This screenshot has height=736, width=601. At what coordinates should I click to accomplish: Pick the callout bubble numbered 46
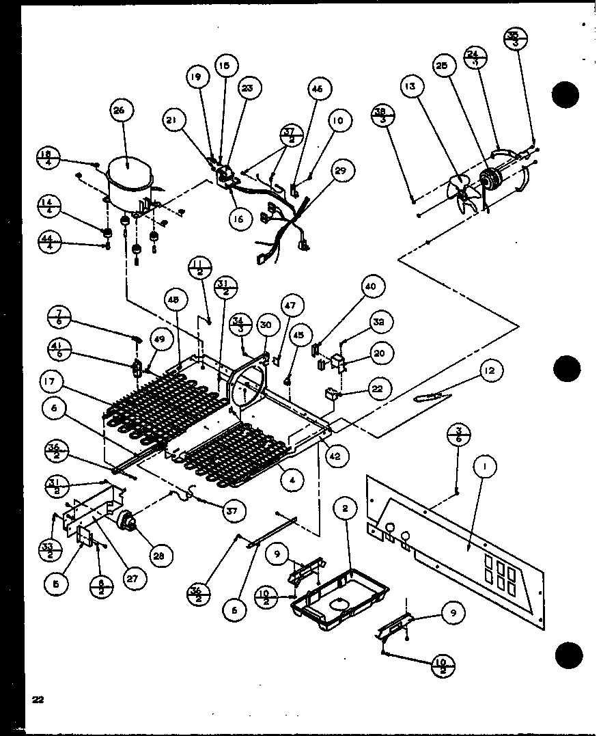[319, 89]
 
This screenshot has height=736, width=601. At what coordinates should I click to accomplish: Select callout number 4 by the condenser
[293, 480]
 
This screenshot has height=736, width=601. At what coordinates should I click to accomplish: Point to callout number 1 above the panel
[486, 469]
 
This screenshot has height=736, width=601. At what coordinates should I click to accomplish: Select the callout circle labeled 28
[158, 556]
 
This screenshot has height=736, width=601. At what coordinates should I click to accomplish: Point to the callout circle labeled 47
[291, 305]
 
